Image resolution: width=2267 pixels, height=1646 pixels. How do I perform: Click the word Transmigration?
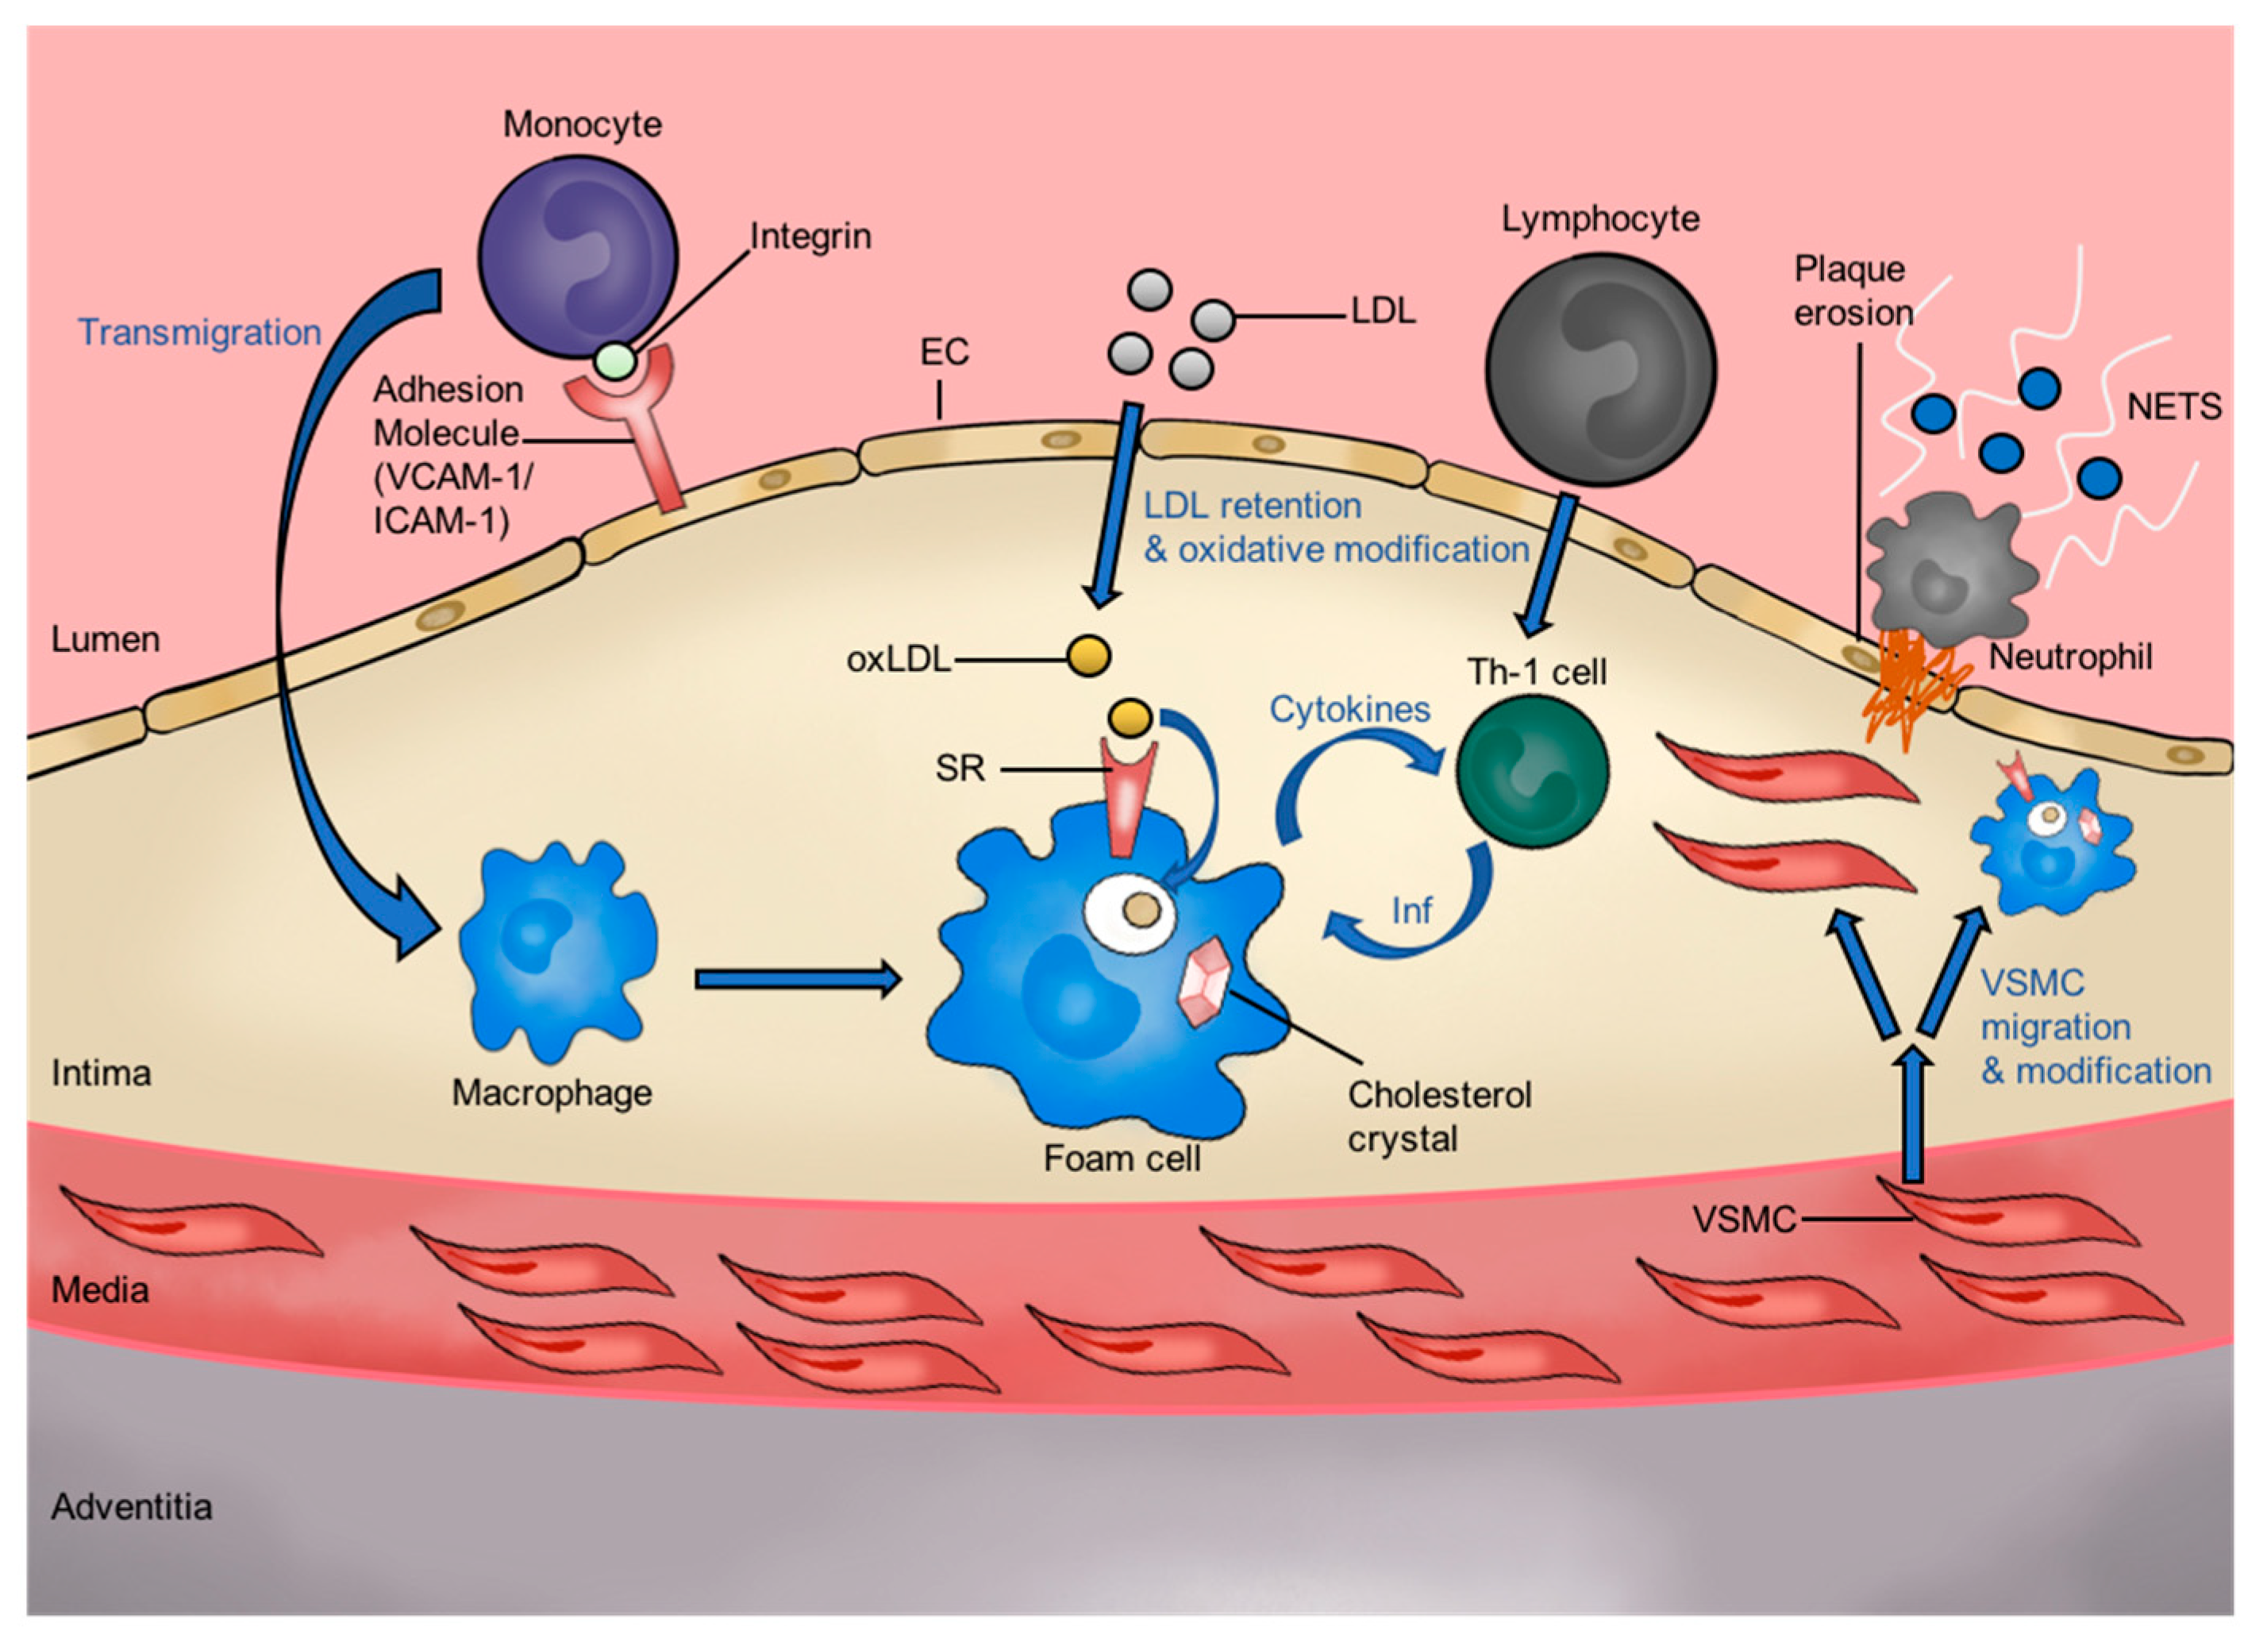pos(200,332)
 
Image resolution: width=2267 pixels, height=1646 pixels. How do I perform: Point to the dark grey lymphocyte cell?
pos(1599,370)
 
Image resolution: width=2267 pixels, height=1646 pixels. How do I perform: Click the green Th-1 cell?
pos(1531,771)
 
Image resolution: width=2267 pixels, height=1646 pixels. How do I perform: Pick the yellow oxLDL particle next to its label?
pos(1088,656)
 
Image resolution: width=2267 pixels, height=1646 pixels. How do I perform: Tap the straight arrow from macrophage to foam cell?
pos(797,979)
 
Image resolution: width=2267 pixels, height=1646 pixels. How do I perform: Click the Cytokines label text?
pos(1349,709)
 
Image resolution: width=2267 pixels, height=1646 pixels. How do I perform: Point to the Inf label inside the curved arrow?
pos(1411,910)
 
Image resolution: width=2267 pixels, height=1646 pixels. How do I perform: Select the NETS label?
pos(2173,407)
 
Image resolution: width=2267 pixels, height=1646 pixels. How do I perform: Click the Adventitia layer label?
pos(132,1506)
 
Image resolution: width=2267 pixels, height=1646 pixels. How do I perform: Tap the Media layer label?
pos(100,1290)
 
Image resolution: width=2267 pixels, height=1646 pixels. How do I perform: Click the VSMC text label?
pos(1744,1219)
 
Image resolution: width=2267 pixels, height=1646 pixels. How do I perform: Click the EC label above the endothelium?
pos(944,352)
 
